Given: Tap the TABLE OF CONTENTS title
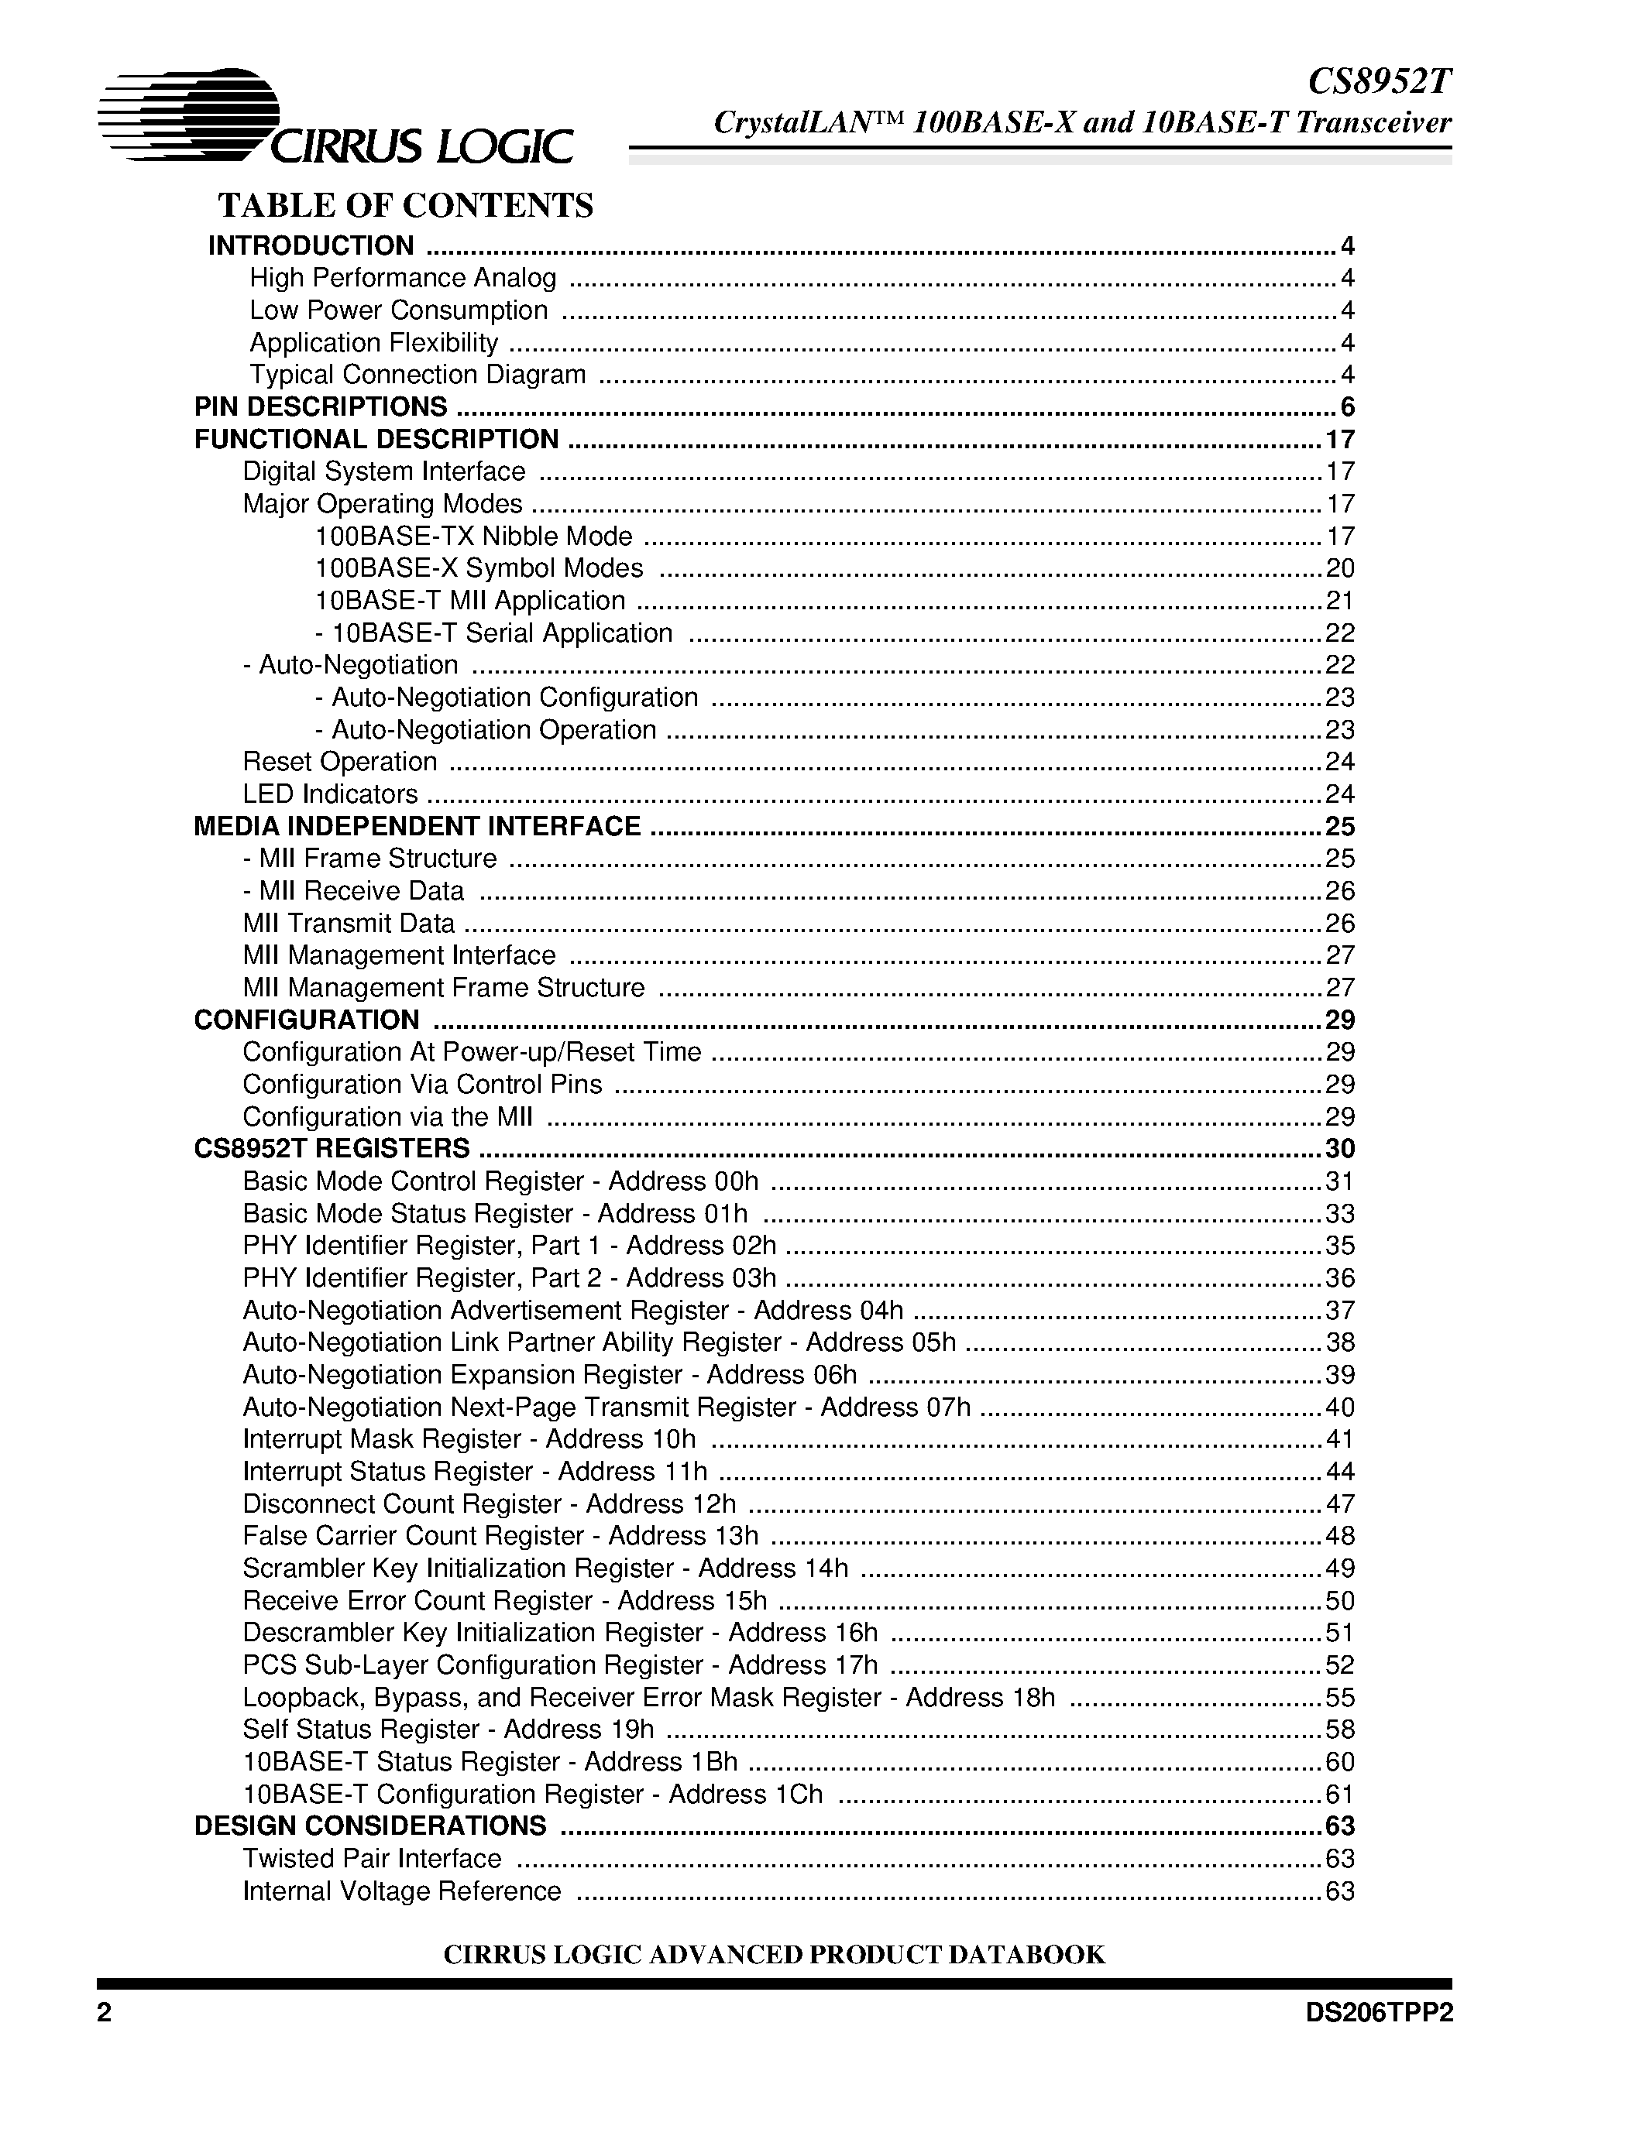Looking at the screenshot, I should [406, 206].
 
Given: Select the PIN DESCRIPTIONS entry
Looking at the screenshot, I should [321, 407].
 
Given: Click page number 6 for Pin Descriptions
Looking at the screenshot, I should [1348, 407].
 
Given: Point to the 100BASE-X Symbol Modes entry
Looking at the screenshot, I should [479, 568].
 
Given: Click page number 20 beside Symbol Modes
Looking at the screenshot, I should [1340, 568].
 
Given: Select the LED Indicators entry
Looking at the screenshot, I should [330, 794].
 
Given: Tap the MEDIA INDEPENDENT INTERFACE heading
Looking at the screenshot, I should [418, 827].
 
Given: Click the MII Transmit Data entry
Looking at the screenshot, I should [348, 923].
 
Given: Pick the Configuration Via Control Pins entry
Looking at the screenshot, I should [422, 1085].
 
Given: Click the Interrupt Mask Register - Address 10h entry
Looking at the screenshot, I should [469, 1440].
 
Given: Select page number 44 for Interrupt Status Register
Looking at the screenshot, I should [1340, 1472].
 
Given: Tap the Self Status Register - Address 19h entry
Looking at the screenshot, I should [448, 1730].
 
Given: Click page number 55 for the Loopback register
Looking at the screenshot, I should [1340, 1698].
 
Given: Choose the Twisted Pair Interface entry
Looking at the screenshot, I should [372, 1859].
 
